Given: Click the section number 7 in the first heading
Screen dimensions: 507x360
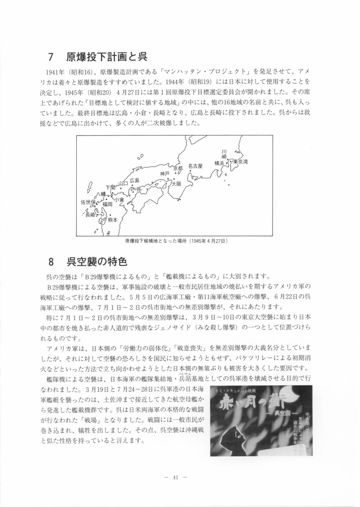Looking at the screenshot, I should click(50, 57).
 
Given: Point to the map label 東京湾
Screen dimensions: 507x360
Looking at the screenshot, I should click(241, 162).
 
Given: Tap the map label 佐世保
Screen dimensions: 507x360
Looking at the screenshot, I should click(88, 202).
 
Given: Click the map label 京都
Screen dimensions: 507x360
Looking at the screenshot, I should click(178, 168).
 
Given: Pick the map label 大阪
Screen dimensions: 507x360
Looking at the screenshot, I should click(176, 184).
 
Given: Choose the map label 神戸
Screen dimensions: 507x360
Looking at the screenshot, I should click(165, 174).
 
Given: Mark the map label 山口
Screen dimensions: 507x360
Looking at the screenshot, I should click(122, 183).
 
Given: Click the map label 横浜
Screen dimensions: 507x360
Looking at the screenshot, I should click(219, 163).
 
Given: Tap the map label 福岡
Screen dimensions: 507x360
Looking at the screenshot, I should click(108, 204).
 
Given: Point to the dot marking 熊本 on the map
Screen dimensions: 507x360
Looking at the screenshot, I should click(110, 215).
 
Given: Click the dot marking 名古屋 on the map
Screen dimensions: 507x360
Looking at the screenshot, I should click(190, 171).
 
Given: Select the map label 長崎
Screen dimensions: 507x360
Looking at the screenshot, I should click(90, 214).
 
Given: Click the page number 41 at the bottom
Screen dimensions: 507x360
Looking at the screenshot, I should click(176, 477).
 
